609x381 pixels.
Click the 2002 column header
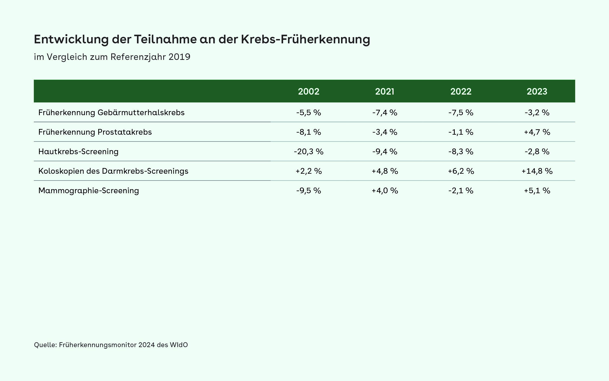[x=309, y=91]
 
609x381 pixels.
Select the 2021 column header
[x=385, y=91]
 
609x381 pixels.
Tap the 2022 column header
[x=461, y=91]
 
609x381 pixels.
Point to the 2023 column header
[x=537, y=91]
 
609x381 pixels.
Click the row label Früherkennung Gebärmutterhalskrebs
[x=111, y=112]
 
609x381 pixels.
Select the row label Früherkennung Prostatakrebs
[x=95, y=132]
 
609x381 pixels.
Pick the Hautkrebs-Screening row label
[x=78, y=151]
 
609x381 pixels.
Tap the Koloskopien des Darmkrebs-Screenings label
[x=113, y=171]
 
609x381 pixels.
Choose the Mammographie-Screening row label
[x=89, y=190]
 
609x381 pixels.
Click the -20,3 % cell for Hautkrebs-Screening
[x=309, y=151]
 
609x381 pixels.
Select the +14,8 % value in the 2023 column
[x=537, y=171]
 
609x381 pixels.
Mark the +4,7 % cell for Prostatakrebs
[x=537, y=132]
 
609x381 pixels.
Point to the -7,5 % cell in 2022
[x=461, y=112]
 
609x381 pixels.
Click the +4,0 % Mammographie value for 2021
[x=385, y=190]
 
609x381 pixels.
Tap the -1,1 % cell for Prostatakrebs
[x=461, y=132]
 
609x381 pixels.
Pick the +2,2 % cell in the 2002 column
[x=309, y=171]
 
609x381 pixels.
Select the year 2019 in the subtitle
[x=179, y=57]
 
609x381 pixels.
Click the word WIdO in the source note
[x=179, y=345]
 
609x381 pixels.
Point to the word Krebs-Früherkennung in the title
[x=305, y=39]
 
